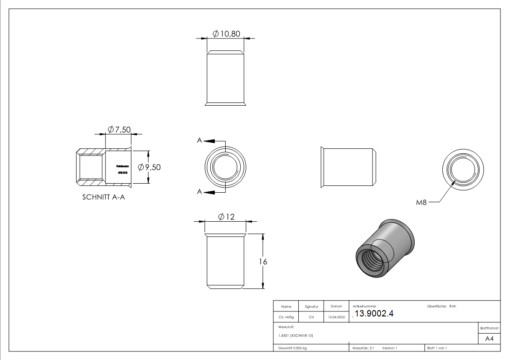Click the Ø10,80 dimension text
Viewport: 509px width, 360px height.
click(226, 34)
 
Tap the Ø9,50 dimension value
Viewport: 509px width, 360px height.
click(149, 167)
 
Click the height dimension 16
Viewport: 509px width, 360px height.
click(262, 262)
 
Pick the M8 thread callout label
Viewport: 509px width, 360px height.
click(421, 203)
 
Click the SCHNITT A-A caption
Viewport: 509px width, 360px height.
click(103, 197)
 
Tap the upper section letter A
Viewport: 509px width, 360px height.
click(199, 141)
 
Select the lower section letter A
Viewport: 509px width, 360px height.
click(199, 192)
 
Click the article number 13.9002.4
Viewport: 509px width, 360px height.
click(374, 314)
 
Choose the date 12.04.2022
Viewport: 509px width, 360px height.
click(336, 317)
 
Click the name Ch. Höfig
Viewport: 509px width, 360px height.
click(286, 317)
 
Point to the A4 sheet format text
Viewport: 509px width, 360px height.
click(490, 339)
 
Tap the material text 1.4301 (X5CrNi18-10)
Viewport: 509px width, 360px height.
click(296, 336)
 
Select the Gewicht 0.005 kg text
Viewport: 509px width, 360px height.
click(292, 348)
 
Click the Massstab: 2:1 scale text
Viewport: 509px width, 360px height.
click(363, 348)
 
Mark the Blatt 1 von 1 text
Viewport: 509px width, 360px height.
click(437, 348)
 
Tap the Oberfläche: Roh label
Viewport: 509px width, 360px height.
click(441, 306)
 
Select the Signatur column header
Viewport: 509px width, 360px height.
click(311, 306)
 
